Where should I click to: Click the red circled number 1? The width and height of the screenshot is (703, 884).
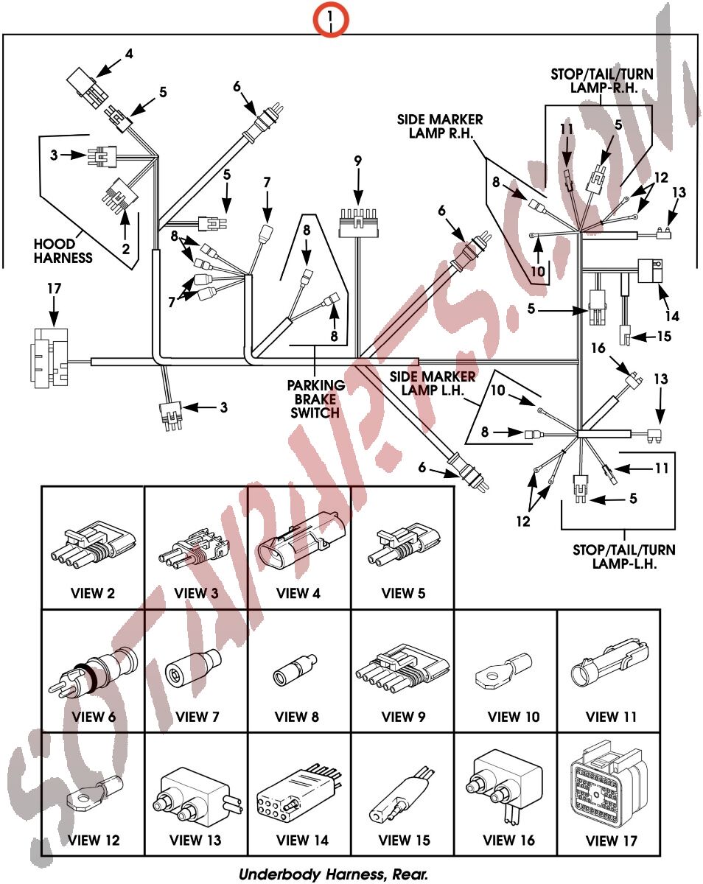(x=332, y=16)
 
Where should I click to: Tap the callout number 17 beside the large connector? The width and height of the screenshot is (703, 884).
(x=53, y=289)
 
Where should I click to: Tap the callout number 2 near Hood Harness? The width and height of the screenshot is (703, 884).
(x=126, y=249)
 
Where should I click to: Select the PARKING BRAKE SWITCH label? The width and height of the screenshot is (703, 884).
(x=316, y=399)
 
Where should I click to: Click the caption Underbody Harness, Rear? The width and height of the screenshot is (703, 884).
(x=334, y=874)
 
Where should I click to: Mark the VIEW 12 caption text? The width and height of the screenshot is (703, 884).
(x=93, y=840)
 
